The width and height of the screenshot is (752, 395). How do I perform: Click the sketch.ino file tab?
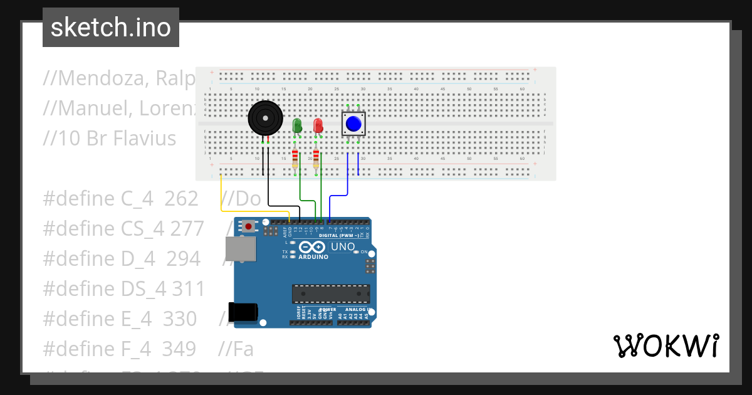pyautogui.click(x=111, y=28)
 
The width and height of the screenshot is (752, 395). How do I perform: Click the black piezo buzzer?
pyautogui.click(x=264, y=118)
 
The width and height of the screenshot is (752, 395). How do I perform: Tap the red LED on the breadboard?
pyautogui.click(x=318, y=125)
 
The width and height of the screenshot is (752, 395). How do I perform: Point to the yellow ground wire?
pyautogui.click(x=221, y=194)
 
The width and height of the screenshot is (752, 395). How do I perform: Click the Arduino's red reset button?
pyautogui.click(x=249, y=226)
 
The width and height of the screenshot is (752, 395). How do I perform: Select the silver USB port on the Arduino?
pyautogui.click(x=241, y=249)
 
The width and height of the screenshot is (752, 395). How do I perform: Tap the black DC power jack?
pyautogui.click(x=243, y=312)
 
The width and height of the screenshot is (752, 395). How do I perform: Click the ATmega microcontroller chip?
pyautogui.click(x=330, y=293)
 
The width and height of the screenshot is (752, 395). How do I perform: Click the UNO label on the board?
pyautogui.click(x=342, y=247)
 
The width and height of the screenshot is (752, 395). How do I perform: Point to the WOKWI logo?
pyautogui.click(x=666, y=346)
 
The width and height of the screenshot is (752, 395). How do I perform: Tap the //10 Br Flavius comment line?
pyautogui.click(x=110, y=139)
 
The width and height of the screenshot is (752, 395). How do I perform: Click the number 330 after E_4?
pyautogui.click(x=180, y=319)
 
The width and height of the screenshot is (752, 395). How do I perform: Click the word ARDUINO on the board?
pyautogui.click(x=313, y=257)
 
